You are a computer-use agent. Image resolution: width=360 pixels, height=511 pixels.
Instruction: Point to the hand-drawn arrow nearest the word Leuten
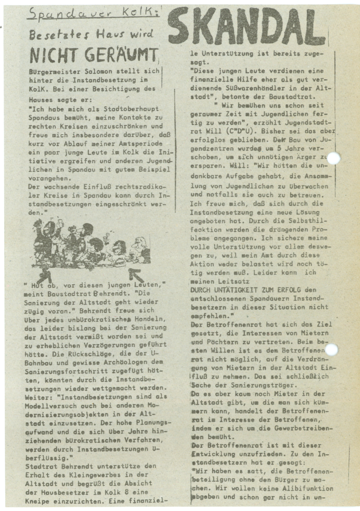[137, 273]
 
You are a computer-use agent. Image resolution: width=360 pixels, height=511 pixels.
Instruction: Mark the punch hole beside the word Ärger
[333, 158]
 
